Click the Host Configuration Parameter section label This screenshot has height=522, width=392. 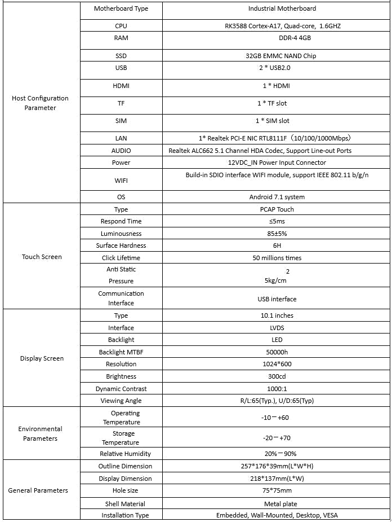point(40,103)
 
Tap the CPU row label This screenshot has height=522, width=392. point(121,26)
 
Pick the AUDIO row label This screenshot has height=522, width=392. point(121,151)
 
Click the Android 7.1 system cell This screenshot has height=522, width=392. point(277,197)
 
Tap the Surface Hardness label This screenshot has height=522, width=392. point(121,245)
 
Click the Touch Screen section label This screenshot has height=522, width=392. point(42,257)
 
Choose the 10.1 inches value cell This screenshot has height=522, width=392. point(277,315)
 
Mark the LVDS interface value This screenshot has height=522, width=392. point(277,328)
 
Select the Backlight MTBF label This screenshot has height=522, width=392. point(121,352)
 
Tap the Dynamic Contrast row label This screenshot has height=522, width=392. point(121,389)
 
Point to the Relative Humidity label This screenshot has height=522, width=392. point(125,454)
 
